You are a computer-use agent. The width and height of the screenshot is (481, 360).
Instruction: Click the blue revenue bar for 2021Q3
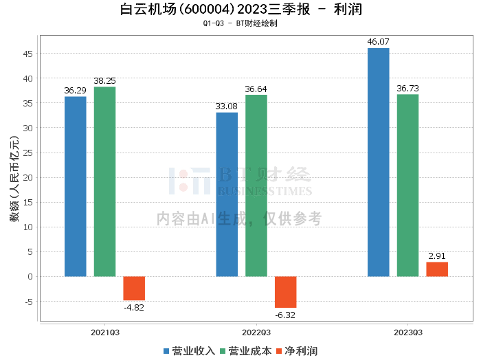(76, 186)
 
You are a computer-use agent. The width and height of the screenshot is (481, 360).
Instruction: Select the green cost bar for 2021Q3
(104, 181)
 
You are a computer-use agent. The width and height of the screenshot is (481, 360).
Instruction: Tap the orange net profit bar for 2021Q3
(134, 288)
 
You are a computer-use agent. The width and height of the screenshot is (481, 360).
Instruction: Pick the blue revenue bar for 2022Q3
(227, 194)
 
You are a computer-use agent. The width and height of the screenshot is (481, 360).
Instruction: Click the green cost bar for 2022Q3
(256, 185)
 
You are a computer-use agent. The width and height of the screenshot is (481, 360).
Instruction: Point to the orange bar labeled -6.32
(286, 292)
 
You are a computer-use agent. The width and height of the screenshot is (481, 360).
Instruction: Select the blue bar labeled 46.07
(379, 162)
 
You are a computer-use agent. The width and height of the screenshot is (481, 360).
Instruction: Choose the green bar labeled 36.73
(407, 185)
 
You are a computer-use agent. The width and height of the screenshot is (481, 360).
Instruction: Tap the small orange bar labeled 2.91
(437, 269)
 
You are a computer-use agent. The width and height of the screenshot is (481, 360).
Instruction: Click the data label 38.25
(104, 80)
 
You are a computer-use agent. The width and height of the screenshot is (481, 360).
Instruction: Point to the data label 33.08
(227, 106)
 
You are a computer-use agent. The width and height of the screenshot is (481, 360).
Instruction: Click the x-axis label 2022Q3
(256, 332)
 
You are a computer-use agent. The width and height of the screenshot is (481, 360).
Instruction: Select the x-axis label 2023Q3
(407, 332)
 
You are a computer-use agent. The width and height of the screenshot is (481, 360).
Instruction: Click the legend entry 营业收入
(190, 350)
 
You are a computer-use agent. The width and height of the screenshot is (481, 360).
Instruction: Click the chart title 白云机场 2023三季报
(240, 10)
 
